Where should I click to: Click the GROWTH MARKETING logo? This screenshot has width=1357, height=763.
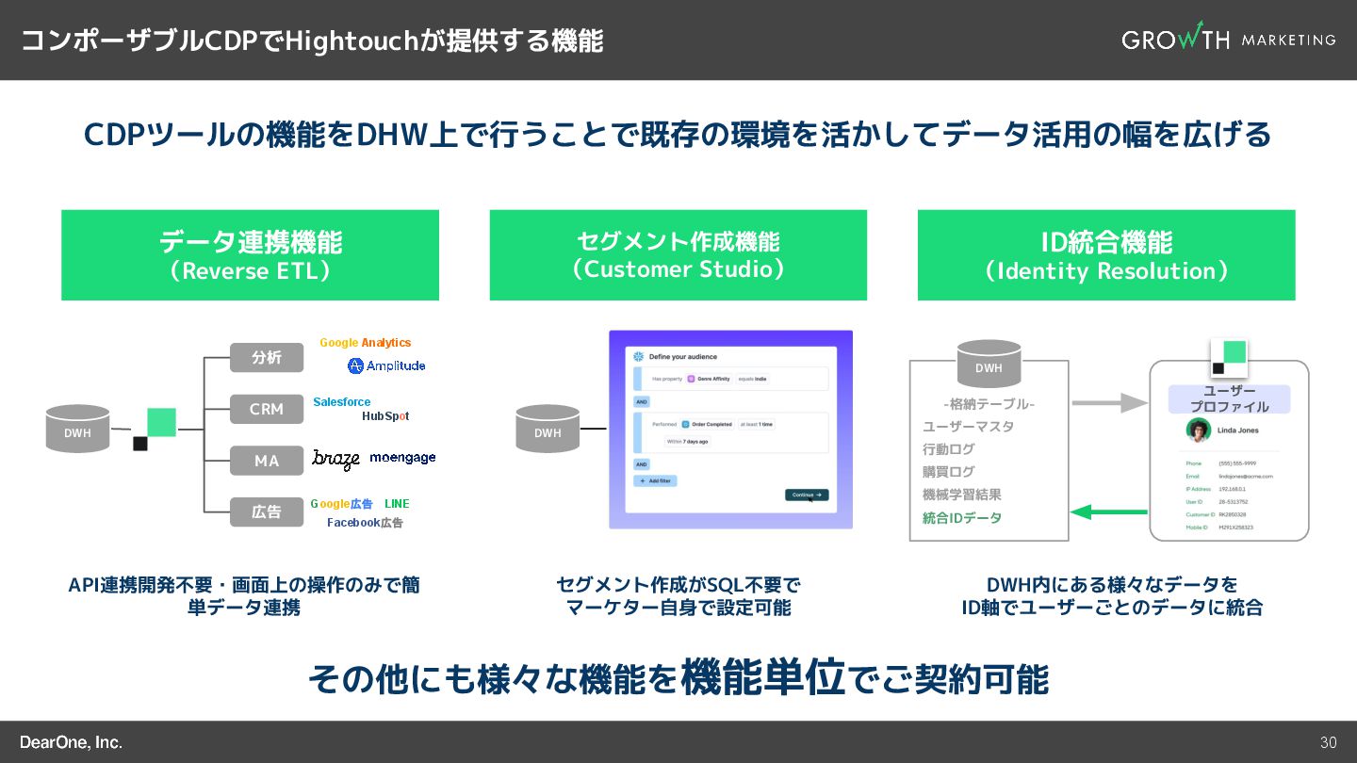click(x=1228, y=39)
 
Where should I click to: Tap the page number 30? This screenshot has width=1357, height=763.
click(x=1328, y=742)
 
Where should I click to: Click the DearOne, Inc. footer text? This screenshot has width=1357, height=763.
click(x=72, y=742)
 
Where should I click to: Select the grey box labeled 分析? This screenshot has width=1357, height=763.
click(x=267, y=358)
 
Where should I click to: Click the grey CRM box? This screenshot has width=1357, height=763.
click(x=267, y=409)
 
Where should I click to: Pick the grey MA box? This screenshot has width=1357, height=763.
click(x=267, y=461)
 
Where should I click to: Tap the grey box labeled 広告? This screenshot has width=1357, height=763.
click(x=267, y=512)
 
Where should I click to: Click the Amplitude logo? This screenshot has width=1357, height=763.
click(x=386, y=365)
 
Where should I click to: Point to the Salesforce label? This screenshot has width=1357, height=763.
click(x=341, y=402)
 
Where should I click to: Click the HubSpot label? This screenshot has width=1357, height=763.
click(x=385, y=416)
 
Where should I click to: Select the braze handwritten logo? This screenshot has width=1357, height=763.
click(x=336, y=460)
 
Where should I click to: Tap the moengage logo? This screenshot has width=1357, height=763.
click(x=402, y=458)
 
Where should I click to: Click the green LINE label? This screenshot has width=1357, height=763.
click(x=397, y=504)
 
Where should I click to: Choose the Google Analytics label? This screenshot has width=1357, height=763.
click(x=365, y=343)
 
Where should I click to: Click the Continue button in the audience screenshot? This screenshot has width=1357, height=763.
click(x=807, y=495)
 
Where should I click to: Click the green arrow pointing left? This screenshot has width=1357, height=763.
click(x=1109, y=512)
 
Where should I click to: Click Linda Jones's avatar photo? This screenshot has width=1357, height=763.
click(x=1199, y=430)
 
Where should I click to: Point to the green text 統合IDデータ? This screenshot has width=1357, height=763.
click(x=961, y=518)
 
